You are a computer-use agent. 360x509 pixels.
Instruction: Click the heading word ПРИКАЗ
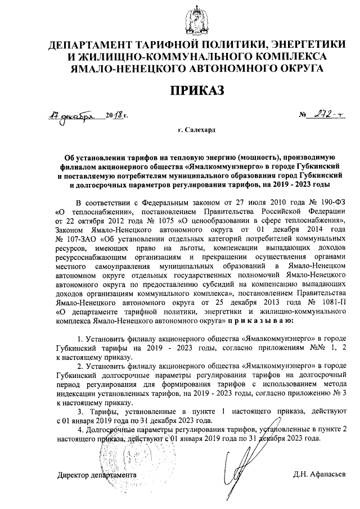click(x=179, y=90)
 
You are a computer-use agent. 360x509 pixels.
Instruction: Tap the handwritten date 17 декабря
click(x=68, y=116)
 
